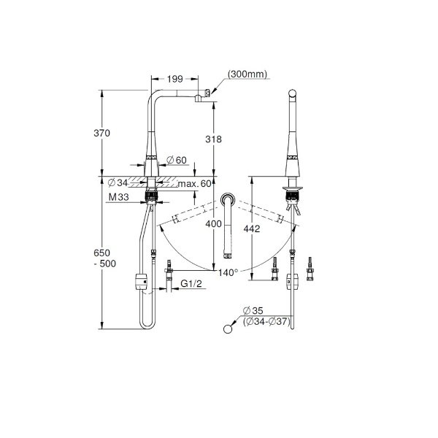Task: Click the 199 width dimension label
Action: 175,79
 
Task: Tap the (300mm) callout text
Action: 247,74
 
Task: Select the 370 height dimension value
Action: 101,133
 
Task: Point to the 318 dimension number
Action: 213,139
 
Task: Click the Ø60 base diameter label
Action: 176,160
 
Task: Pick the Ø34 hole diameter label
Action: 118,183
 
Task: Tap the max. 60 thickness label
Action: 195,184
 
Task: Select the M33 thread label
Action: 119,197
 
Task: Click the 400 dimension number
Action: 213,224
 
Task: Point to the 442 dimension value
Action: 252,228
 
